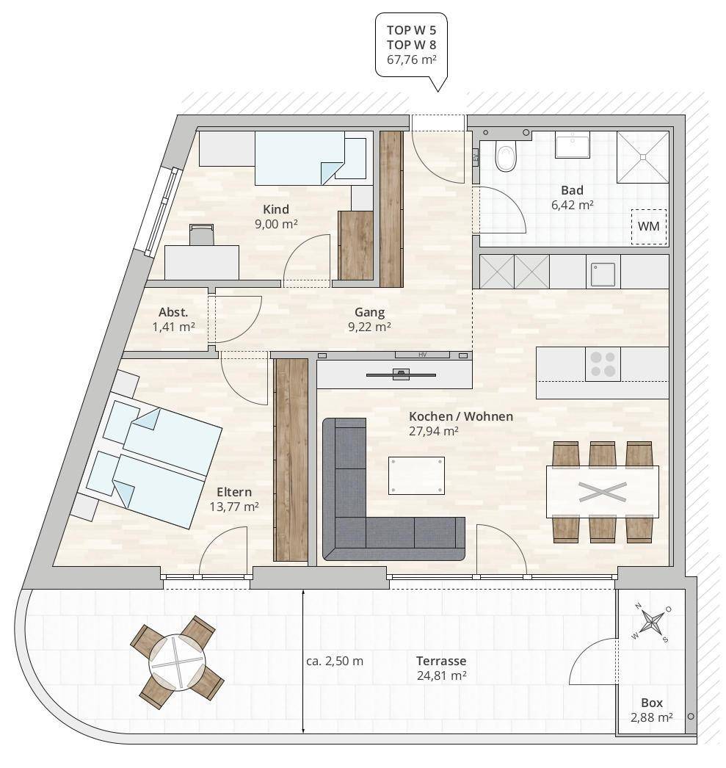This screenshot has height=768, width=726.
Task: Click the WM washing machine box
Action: (649, 227)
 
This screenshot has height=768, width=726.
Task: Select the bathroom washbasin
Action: (573, 145)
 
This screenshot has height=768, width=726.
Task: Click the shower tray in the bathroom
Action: (643, 156)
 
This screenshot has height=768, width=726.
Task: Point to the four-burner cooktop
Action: (603, 364)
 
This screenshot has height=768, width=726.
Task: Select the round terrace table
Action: (177, 662)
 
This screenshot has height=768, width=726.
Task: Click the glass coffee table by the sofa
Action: (417, 476)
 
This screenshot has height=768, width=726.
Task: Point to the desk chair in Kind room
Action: (202, 235)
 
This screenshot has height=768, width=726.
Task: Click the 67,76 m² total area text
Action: (412, 59)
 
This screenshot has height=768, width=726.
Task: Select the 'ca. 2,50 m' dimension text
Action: (335, 662)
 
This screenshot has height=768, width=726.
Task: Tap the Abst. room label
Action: (173, 313)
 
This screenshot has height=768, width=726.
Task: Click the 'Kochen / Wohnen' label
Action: (461, 416)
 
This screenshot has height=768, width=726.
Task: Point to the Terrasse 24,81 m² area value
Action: (442, 676)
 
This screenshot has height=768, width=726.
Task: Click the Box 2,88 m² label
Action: (652, 710)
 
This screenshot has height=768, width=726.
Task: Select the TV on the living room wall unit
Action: (401, 374)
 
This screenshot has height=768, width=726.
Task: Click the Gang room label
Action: (370, 312)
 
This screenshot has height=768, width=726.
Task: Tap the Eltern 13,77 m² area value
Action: (234, 507)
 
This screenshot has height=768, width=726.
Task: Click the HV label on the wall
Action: (423, 355)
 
